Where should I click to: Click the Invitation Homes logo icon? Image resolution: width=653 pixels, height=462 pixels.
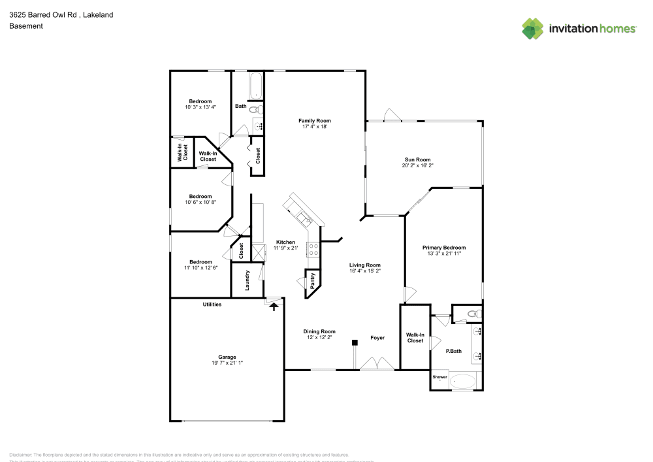click(x=533, y=28)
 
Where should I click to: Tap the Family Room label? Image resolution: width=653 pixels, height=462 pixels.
click(x=315, y=120)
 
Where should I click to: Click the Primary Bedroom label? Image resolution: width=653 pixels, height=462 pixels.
click(x=444, y=248)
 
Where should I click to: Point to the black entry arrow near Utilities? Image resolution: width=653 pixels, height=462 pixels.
click(x=274, y=305)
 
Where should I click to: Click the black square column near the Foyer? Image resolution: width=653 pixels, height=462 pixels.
click(x=355, y=342)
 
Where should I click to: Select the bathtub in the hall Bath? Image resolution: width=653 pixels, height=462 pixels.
click(x=255, y=85)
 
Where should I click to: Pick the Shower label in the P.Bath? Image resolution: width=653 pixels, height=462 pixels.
click(x=439, y=377)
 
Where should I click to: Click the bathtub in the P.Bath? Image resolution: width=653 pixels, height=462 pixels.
click(x=463, y=380)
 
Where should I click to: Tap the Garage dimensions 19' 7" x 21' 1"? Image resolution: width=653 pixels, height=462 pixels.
click(x=227, y=363)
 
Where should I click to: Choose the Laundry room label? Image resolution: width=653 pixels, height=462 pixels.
click(x=247, y=280)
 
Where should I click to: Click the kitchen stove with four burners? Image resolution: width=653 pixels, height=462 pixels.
click(x=313, y=248)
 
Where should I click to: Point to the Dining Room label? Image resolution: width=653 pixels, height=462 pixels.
click(x=319, y=331)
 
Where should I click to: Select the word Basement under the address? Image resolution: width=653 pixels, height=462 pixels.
click(x=26, y=26)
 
